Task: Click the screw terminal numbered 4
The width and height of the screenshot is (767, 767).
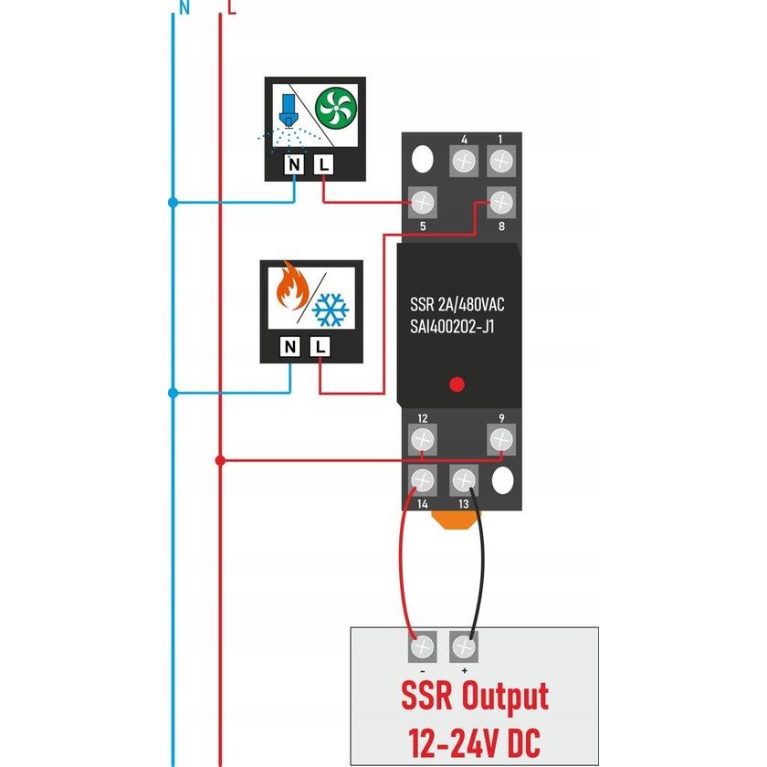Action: click(464, 162)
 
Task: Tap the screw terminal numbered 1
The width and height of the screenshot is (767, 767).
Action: click(499, 162)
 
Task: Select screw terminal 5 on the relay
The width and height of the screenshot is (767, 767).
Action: click(423, 201)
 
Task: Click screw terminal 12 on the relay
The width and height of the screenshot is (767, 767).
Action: click(422, 441)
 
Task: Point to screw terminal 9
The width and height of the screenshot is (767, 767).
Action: click(500, 441)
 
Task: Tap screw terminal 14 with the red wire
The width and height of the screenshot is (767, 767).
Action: click(423, 480)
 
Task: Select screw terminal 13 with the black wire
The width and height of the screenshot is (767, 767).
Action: click(464, 480)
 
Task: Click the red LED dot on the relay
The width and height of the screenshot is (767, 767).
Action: click(458, 384)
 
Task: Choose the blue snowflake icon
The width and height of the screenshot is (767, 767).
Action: click(331, 310)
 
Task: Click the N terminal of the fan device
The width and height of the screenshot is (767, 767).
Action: click(293, 165)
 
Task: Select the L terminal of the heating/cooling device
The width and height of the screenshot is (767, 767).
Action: click(320, 347)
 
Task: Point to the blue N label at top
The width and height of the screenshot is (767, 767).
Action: click(184, 9)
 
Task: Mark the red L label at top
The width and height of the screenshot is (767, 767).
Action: click(232, 9)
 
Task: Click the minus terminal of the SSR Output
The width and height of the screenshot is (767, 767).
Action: click(423, 647)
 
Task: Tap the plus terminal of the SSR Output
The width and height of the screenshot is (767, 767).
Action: click(464, 647)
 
